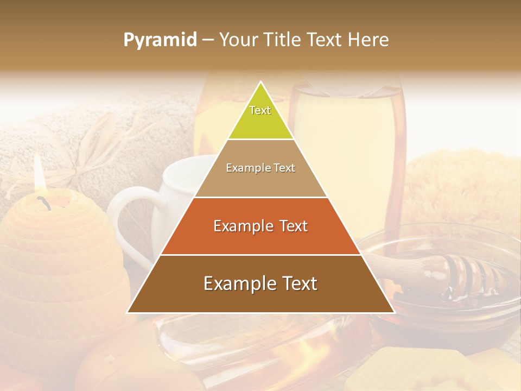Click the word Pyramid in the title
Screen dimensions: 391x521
click(x=160, y=40)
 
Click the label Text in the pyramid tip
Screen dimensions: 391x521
click(x=260, y=110)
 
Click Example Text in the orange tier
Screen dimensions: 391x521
click(x=260, y=226)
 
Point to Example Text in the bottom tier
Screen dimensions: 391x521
click(x=260, y=283)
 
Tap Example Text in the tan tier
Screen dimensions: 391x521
click(x=260, y=168)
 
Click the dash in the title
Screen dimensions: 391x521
click(x=208, y=40)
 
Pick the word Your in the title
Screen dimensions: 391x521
click(x=239, y=40)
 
